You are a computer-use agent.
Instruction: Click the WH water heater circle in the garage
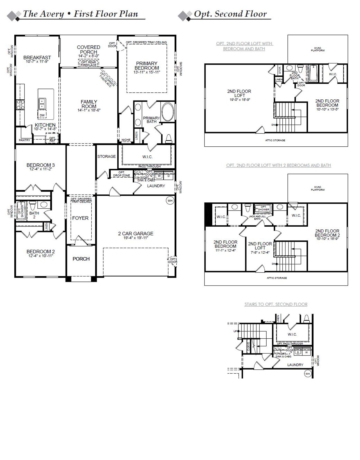click(170, 200)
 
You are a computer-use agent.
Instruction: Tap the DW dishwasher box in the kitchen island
click(42, 115)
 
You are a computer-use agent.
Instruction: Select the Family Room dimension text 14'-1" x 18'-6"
click(89, 110)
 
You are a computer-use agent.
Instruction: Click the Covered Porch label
click(89, 50)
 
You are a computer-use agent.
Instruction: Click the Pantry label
click(24, 140)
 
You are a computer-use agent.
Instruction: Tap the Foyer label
click(80, 218)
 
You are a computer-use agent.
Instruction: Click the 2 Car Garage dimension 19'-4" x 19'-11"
click(136, 238)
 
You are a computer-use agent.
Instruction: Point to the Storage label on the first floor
click(106, 156)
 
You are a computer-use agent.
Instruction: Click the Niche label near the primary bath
click(126, 140)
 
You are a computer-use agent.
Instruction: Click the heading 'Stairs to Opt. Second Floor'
click(276, 304)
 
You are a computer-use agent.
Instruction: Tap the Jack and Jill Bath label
click(257, 217)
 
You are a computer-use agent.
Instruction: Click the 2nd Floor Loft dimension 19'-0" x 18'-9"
click(239, 99)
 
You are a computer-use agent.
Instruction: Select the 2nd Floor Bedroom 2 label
click(327, 233)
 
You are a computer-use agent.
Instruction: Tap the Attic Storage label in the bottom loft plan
click(277, 278)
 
